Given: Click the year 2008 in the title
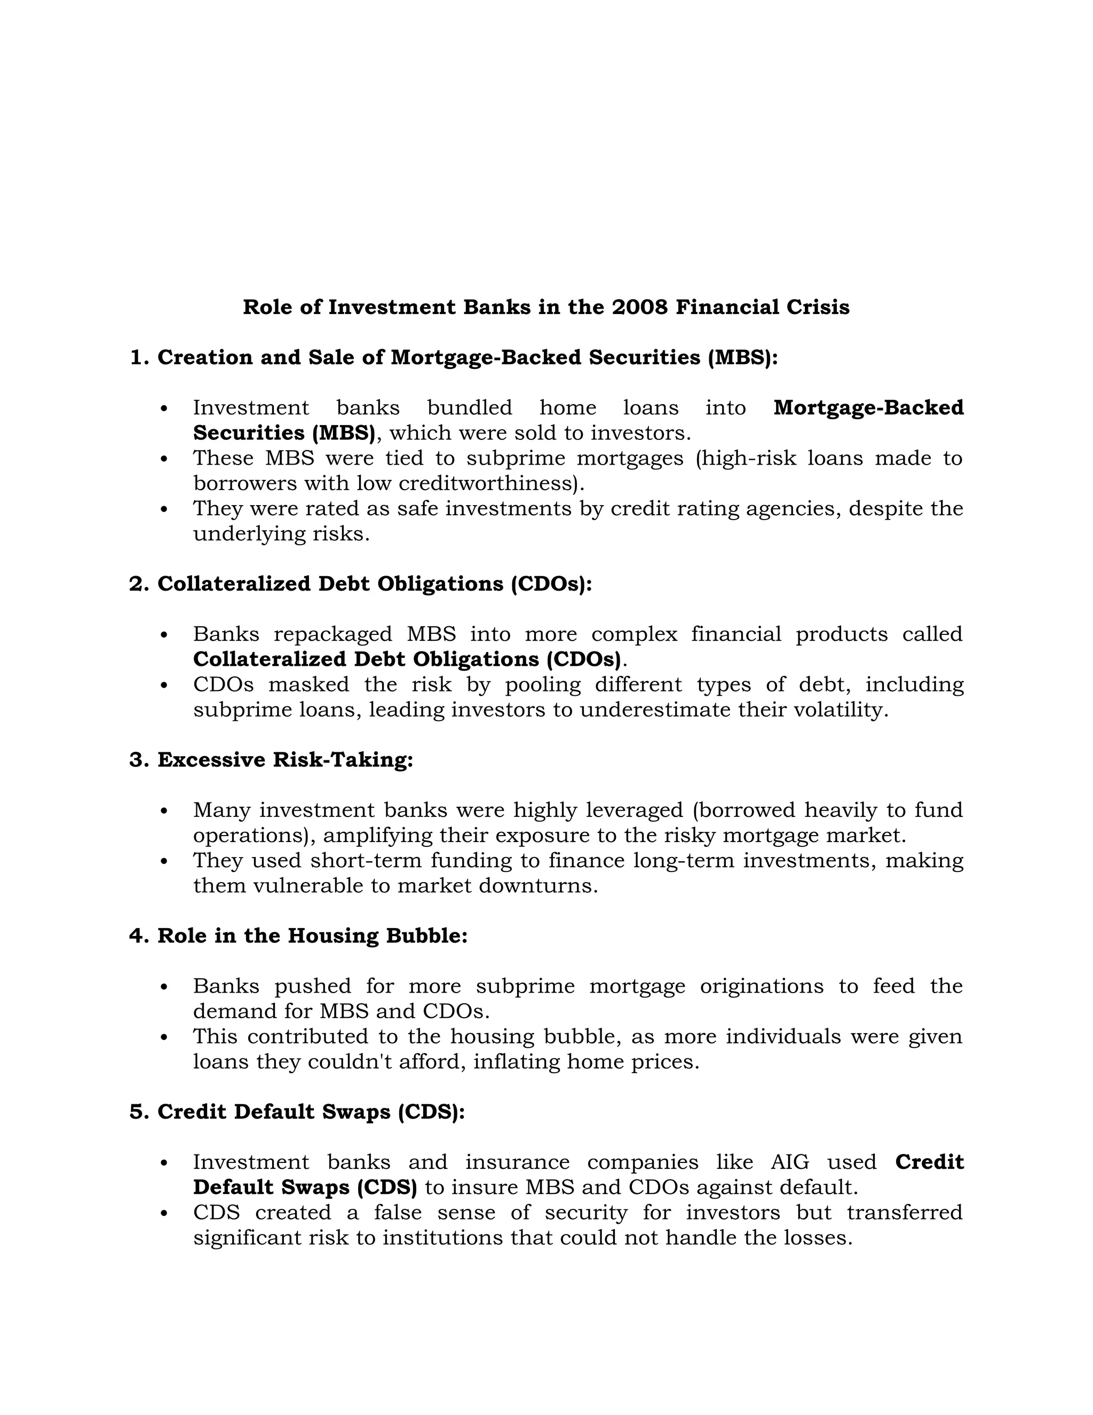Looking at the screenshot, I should pos(639,307).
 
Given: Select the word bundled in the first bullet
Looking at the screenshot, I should pos(470,407).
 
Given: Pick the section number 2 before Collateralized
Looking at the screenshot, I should pos(136,584).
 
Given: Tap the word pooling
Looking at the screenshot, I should pos(543,685).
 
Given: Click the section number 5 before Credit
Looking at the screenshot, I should pos(136,1112).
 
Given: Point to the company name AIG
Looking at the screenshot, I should pos(790,1163).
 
